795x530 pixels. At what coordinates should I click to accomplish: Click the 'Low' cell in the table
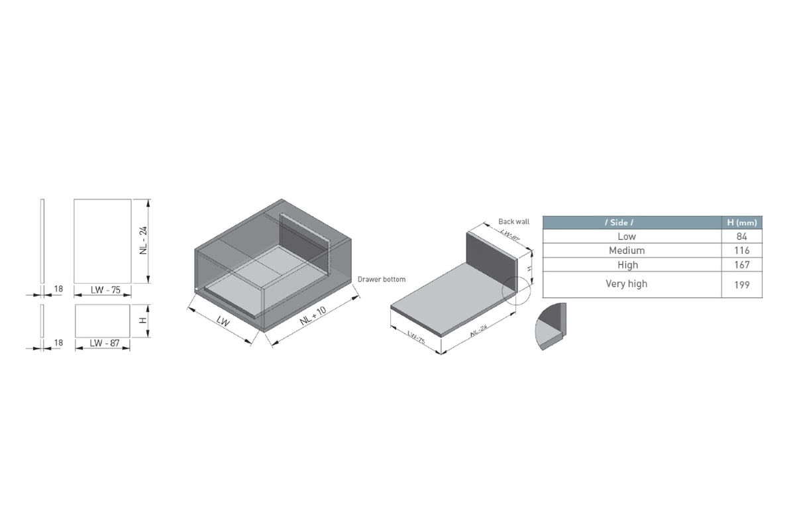[x=627, y=237]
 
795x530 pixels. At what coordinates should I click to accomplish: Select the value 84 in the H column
[x=741, y=237]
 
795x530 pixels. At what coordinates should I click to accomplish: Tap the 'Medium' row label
[x=627, y=250]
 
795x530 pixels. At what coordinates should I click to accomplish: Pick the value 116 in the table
[x=741, y=250]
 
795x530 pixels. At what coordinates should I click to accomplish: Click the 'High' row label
[x=627, y=265]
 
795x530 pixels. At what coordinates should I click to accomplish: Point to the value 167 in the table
[x=741, y=265]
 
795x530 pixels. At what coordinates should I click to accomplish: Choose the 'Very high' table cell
[x=627, y=284]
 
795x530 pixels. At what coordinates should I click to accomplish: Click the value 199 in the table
[x=741, y=285]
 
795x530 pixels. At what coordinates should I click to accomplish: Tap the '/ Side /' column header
[x=619, y=223]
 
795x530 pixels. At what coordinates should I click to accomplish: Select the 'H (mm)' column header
[x=742, y=223]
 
